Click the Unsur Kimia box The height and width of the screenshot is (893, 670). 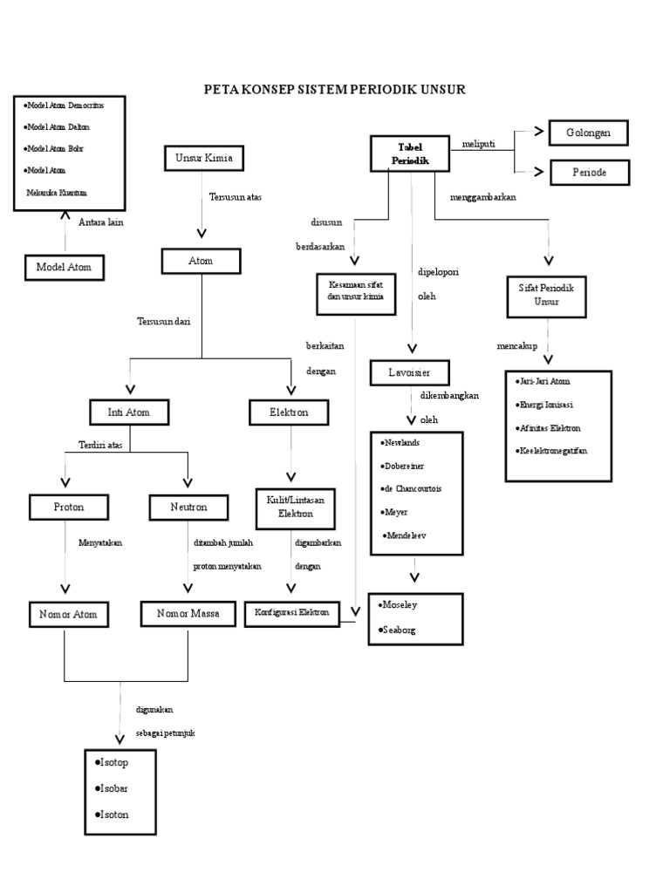[x=204, y=159]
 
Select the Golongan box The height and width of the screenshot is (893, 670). [x=589, y=133]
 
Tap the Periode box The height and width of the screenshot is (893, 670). [x=590, y=173]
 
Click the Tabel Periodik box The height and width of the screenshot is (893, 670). [x=410, y=153]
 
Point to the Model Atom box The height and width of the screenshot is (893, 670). [x=65, y=267]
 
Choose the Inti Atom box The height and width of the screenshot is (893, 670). [x=129, y=412]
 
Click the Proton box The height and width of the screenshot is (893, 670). [x=69, y=507]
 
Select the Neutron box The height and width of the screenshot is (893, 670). [x=188, y=507]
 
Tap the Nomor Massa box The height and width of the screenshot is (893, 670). [x=188, y=614]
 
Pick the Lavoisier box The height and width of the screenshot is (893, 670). [x=410, y=372]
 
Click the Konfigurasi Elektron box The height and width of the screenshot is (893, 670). [x=291, y=614]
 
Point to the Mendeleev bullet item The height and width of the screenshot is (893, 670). [x=405, y=536]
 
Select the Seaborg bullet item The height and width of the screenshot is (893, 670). [x=397, y=630]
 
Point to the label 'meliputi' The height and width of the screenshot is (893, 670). [x=479, y=144]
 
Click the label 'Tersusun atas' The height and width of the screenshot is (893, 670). [x=236, y=197]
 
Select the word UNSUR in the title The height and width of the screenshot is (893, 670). [x=444, y=90]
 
